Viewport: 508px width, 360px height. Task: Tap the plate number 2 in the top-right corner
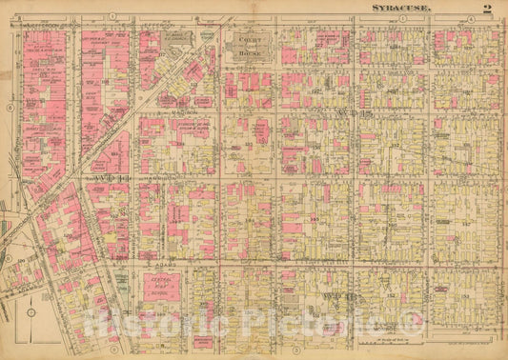[486, 9]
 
